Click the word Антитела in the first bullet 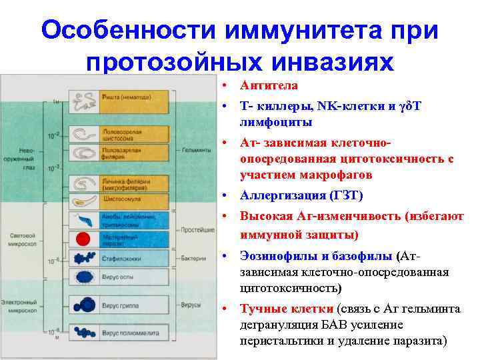point(269,86)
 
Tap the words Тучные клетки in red point(287,309)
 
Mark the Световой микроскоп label point(21,241)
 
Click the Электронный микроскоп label point(21,307)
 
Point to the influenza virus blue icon point(85,305)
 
